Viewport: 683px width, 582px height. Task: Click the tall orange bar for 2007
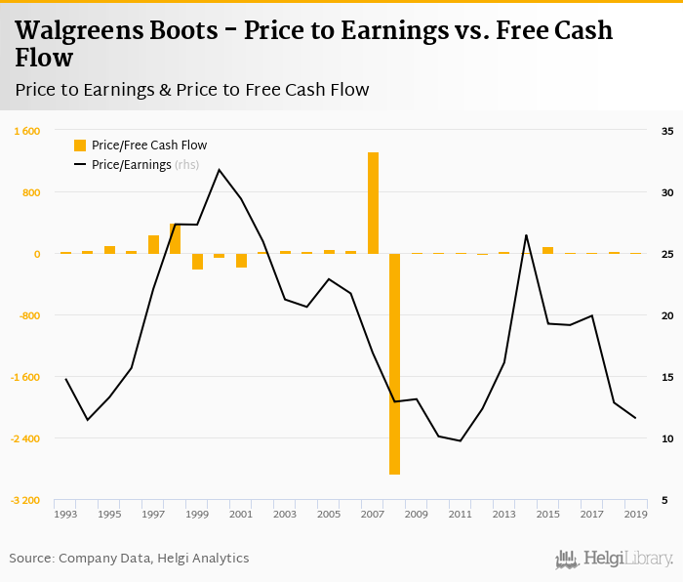tap(373, 203)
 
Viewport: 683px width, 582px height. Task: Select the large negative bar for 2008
tap(394, 363)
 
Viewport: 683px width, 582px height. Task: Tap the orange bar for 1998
tap(176, 238)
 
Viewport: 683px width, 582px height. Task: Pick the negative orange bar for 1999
tap(197, 262)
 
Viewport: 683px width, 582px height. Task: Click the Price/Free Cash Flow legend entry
tap(148, 145)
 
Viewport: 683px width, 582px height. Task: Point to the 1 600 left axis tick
tap(26, 131)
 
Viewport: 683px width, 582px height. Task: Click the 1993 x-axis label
tap(65, 514)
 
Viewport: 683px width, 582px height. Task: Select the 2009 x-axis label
tap(417, 514)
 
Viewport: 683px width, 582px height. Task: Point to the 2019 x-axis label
tap(635, 514)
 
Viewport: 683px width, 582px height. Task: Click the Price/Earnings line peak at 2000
tap(219, 170)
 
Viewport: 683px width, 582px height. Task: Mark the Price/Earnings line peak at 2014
tap(526, 235)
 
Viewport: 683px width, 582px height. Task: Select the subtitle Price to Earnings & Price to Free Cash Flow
tap(192, 90)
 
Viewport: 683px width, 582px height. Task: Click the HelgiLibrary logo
tap(614, 559)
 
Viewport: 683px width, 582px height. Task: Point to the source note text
tap(129, 559)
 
